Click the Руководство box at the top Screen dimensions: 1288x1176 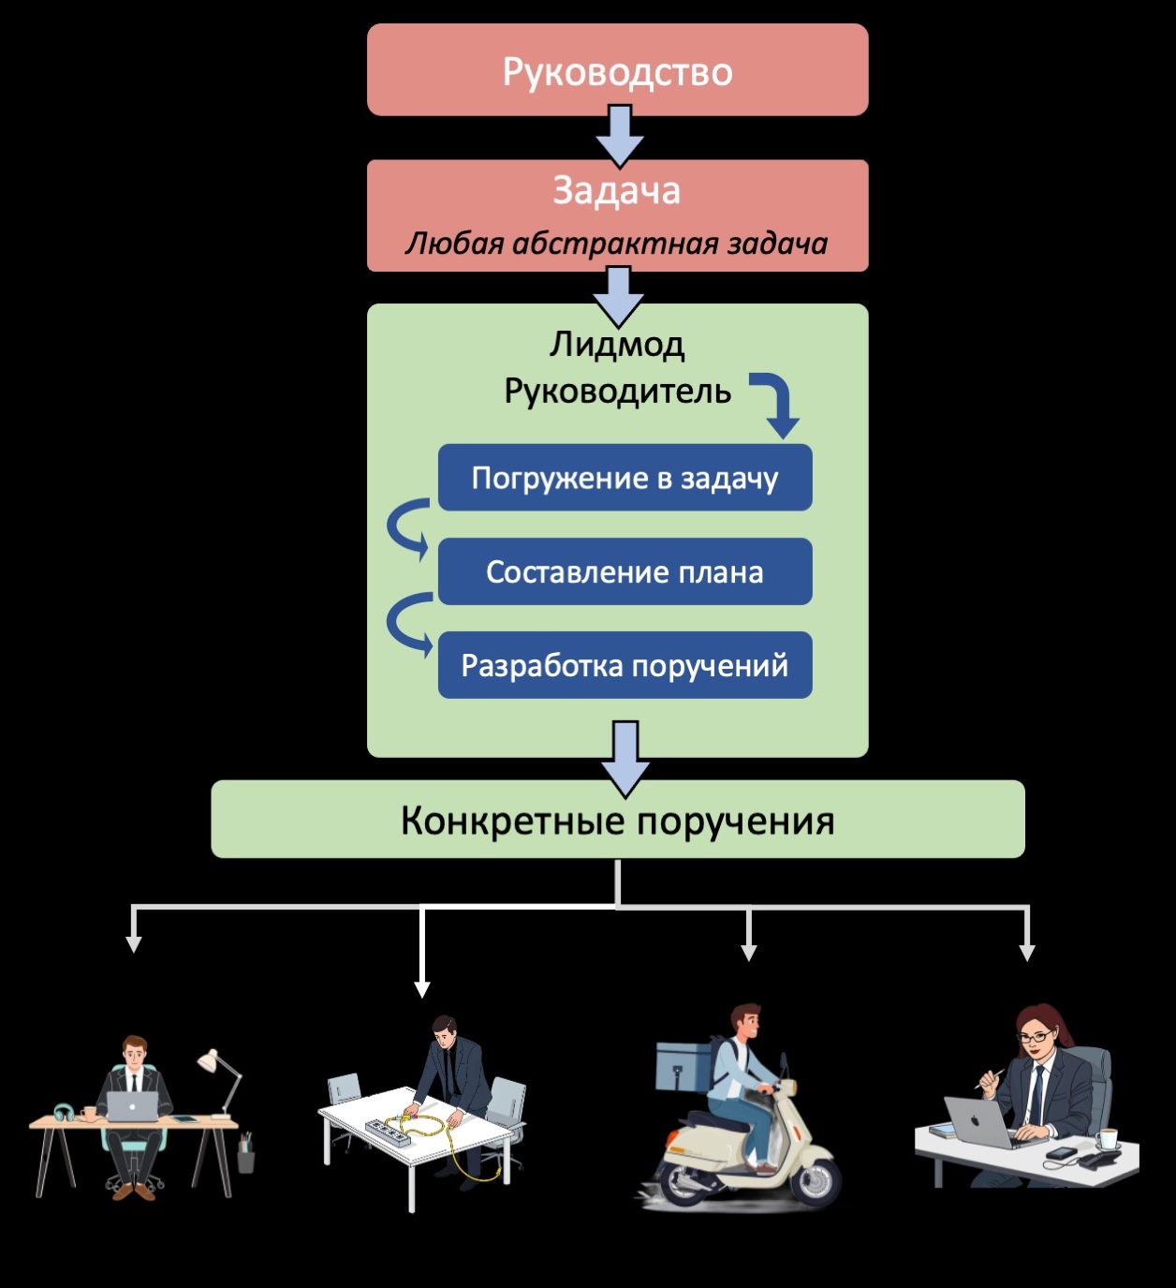[x=617, y=71]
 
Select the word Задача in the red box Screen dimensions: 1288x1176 [x=616, y=191]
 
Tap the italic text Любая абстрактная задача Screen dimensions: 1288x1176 [x=616, y=244]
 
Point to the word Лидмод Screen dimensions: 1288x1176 [x=616, y=345]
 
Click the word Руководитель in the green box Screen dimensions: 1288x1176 [x=617, y=391]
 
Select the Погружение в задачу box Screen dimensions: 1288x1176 [x=625, y=478]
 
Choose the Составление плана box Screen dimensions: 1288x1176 [x=625, y=571]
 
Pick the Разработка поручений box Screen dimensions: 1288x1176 [x=625, y=665]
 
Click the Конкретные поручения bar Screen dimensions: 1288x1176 [x=617, y=820]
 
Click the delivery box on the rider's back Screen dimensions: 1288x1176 [x=684, y=1065]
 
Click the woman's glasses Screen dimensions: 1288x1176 [x=1035, y=1037]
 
